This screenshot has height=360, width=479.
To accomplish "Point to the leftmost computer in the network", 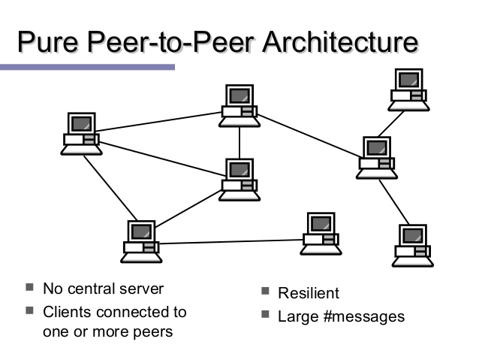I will [x=80, y=133].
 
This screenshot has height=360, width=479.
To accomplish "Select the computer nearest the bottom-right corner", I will [x=412, y=244].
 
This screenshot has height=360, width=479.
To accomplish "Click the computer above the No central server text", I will [x=143, y=241].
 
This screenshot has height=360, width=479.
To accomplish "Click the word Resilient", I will [x=309, y=293].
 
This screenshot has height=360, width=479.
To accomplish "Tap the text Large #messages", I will [x=341, y=316].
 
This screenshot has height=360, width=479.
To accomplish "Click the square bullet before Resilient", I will [x=266, y=292].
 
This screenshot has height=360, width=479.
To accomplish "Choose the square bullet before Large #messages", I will [x=266, y=315].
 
